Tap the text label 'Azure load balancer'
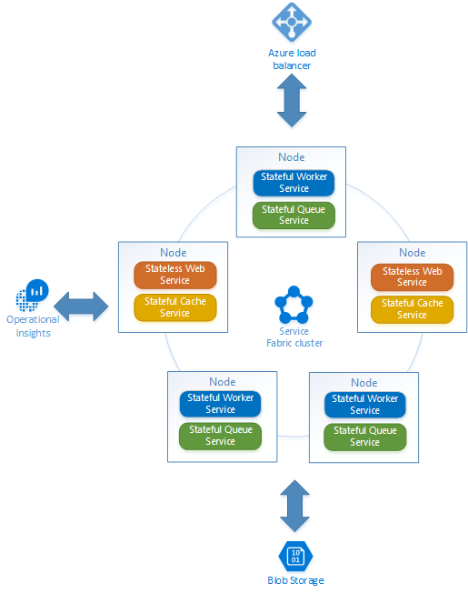(293, 59)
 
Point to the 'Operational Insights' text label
(33, 326)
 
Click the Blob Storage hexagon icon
(294, 556)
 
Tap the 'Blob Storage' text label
(294, 580)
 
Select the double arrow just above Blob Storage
(294, 507)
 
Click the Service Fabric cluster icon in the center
(294, 306)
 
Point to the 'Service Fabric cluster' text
(294, 337)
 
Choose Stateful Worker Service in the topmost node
(294, 183)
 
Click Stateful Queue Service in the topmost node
(294, 215)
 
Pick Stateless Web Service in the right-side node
(412, 276)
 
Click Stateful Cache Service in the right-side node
(412, 308)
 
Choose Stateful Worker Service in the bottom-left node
(220, 404)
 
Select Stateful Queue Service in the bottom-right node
(364, 437)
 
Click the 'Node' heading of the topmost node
(292, 157)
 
